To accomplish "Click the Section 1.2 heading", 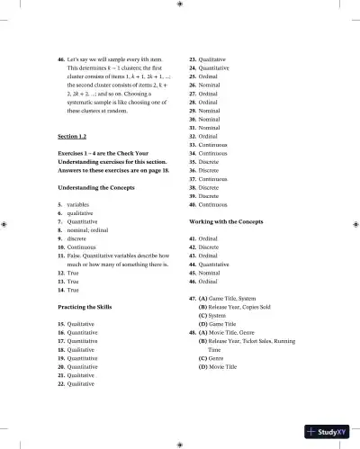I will coord(72,136).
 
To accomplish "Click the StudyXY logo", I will coord(328,432).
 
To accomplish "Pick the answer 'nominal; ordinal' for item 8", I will coord(91,229).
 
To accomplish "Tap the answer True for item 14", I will coord(75,290).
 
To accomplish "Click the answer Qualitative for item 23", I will coord(216,58).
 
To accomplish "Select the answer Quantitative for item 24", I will coord(218,67).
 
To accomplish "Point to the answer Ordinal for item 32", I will coord(211,136).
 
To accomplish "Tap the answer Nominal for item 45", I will coord(213,273).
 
